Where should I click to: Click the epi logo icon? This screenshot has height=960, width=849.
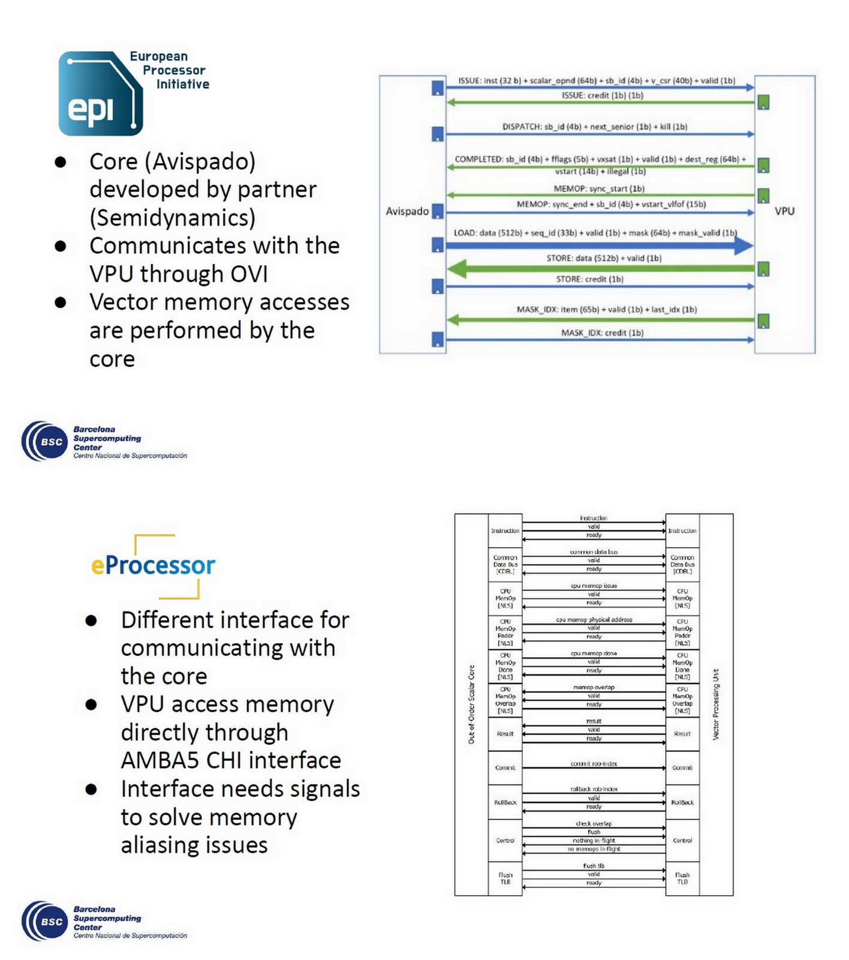tap(100, 94)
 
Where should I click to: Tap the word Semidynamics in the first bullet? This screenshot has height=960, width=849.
tap(173, 218)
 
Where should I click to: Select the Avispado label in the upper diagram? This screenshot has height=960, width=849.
tap(407, 211)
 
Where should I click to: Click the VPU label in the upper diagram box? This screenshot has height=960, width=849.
tap(784, 211)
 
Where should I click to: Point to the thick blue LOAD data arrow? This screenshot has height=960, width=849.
tap(600, 245)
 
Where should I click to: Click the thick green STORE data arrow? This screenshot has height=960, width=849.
tap(600, 269)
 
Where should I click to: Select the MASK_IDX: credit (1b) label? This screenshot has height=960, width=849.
tap(602, 332)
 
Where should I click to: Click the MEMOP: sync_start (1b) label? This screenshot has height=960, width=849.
tap(598, 188)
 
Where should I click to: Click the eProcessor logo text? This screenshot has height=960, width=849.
tap(153, 565)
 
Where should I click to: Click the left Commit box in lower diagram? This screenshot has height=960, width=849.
tap(505, 768)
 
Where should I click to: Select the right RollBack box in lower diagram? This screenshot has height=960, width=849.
tap(682, 802)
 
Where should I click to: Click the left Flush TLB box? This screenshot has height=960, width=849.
tap(505, 878)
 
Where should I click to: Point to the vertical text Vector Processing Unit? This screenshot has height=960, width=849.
tap(715, 704)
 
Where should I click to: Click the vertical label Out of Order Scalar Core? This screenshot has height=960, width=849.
tap(471, 704)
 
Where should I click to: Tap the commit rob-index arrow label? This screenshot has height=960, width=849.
tap(594, 764)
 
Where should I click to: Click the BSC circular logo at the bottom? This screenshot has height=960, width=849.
tap(43, 921)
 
